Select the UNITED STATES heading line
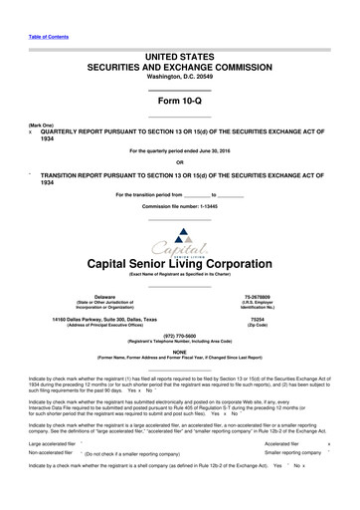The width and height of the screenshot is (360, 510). coord(180,60)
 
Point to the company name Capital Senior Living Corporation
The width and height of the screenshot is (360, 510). coord(180,264)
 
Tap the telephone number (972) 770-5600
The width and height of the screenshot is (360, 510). coord(180,336)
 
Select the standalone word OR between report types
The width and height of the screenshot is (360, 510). coord(180,162)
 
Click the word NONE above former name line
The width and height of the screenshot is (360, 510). coord(180,351)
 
